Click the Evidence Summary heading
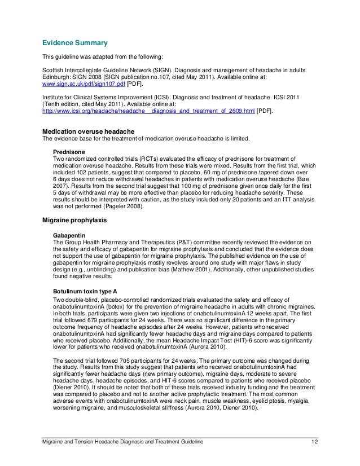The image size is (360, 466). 72,43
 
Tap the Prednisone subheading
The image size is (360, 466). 69,152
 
